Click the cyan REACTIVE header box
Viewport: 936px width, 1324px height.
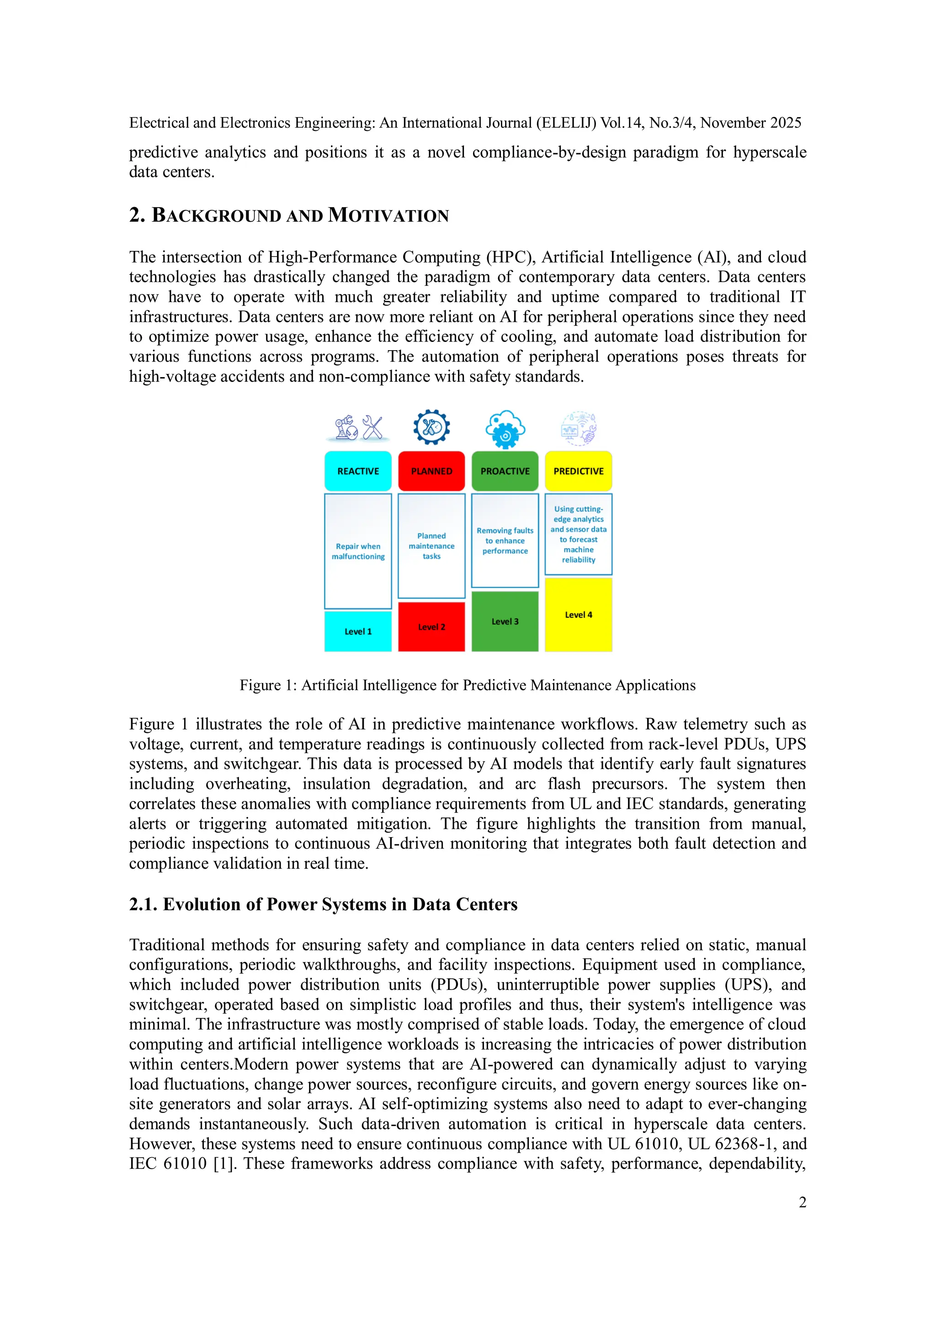click(358, 471)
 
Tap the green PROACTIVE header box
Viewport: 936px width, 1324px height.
click(505, 471)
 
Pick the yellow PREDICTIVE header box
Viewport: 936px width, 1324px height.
click(578, 471)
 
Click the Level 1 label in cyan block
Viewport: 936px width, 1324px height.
click(358, 631)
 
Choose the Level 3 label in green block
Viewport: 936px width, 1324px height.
click(505, 622)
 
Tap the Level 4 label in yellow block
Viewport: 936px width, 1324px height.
click(578, 615)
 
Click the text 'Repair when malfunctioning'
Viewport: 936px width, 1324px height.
click(358, 551)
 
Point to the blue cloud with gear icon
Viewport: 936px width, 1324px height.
click(505, 429)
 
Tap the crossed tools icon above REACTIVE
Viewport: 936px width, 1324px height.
click(373, 428)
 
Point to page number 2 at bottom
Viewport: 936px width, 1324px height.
click(802, 1202)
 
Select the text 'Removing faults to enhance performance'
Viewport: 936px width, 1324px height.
click(505, 541)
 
